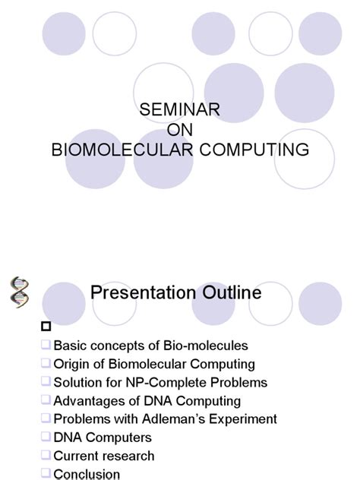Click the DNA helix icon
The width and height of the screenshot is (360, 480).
click(20, 293)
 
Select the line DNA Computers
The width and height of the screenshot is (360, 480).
click(103, 437)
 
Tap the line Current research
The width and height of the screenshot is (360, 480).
click(104, 456)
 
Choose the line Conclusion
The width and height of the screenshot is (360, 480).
click(87, 474)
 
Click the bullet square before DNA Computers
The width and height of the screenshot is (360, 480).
click(46, 437)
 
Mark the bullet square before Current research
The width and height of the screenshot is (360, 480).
click(46, 456)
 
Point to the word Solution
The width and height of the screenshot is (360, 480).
click(78, 383)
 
